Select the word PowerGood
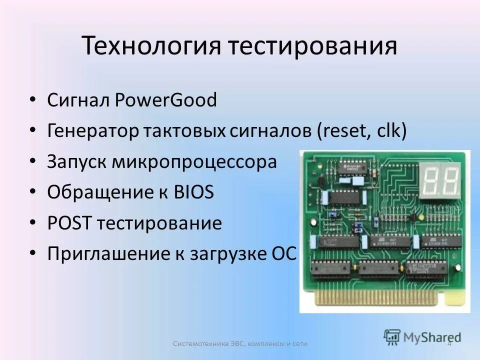pos(166,100)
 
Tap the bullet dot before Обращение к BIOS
pos(32,192)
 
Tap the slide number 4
pos(449,343)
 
